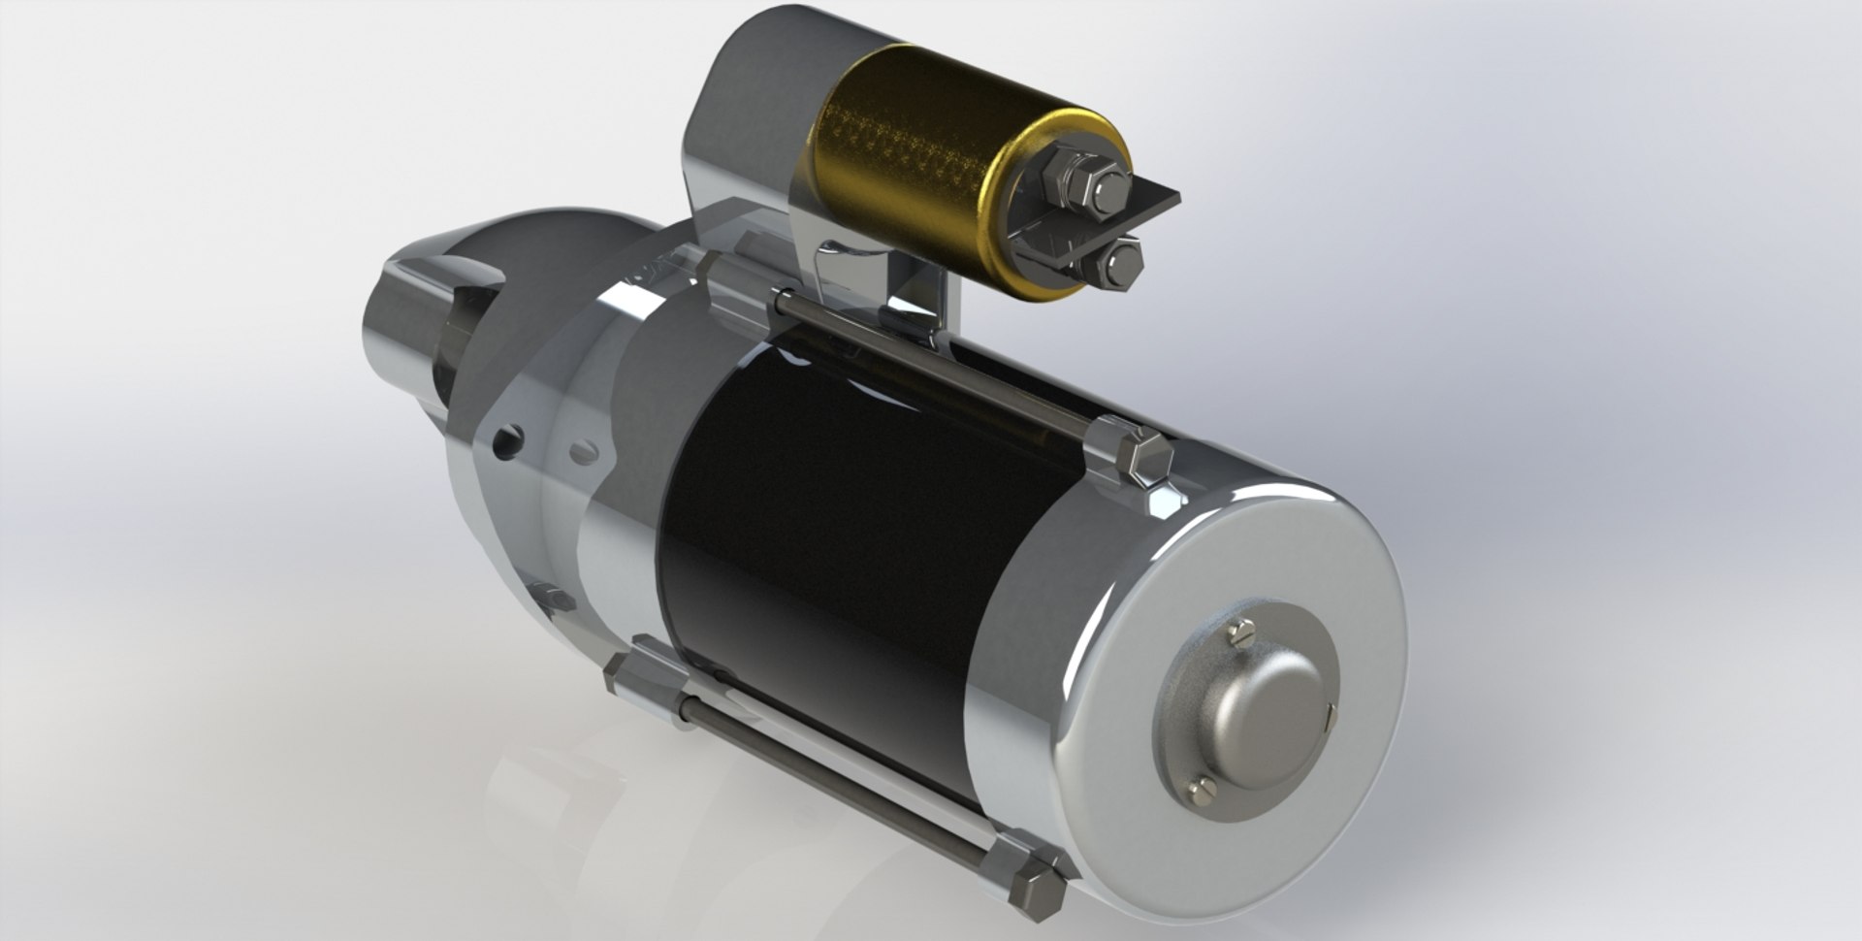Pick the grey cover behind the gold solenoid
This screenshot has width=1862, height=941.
click(x=747, y=107)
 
